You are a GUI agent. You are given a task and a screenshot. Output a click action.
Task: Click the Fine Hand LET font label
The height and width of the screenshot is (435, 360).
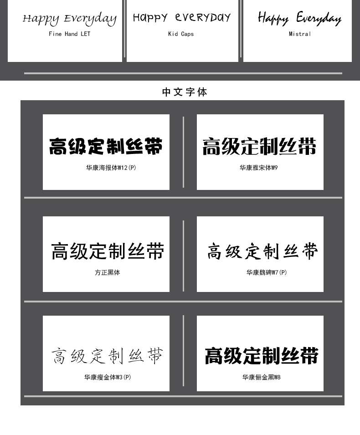(69, 34)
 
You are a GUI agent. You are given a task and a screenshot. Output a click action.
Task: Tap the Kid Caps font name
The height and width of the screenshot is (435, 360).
(181, 34)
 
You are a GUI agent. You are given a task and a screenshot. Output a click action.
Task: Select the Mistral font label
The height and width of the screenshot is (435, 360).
(300, 34)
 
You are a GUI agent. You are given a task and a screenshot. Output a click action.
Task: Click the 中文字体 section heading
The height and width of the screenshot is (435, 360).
(185, 92)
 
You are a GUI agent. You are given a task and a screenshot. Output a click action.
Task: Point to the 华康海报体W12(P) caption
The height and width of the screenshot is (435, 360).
(111, 168)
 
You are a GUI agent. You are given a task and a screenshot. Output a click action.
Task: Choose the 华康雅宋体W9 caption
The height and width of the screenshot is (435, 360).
(258, 168)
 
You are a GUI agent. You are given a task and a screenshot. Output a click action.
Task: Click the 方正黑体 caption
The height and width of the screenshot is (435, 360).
(108, 272)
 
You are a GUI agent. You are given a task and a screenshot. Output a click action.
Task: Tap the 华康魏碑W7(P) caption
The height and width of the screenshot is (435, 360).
(267, 272)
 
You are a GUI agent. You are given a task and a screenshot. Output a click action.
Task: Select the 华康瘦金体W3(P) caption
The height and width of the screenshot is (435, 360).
(108, 377)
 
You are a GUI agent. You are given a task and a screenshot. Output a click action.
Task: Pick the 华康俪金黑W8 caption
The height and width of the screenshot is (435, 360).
(261, 377)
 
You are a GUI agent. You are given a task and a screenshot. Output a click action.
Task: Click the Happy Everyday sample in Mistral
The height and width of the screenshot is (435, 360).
(299, 18)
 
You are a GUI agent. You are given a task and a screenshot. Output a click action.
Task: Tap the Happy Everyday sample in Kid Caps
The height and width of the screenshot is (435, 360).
(182, 18)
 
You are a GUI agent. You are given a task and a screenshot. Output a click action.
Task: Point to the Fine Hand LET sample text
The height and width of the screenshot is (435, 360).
(69, 19)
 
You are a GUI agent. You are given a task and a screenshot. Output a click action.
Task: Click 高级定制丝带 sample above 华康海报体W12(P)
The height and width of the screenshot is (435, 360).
(106, 147)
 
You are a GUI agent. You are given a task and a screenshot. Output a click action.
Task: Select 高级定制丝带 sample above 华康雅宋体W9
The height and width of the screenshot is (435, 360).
(259, 147)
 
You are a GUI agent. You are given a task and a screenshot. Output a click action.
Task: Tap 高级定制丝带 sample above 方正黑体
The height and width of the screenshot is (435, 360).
(108, 251)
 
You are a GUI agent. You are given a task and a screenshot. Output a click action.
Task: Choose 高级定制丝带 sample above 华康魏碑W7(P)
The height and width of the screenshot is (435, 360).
(262, 251)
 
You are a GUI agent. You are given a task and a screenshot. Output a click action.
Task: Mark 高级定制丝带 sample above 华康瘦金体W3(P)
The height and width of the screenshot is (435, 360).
(107, 356)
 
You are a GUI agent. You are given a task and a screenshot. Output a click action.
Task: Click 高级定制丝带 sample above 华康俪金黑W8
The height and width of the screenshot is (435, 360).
(261, 356)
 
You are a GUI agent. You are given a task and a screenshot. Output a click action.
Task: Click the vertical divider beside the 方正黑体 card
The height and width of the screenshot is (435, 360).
(183, 256)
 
